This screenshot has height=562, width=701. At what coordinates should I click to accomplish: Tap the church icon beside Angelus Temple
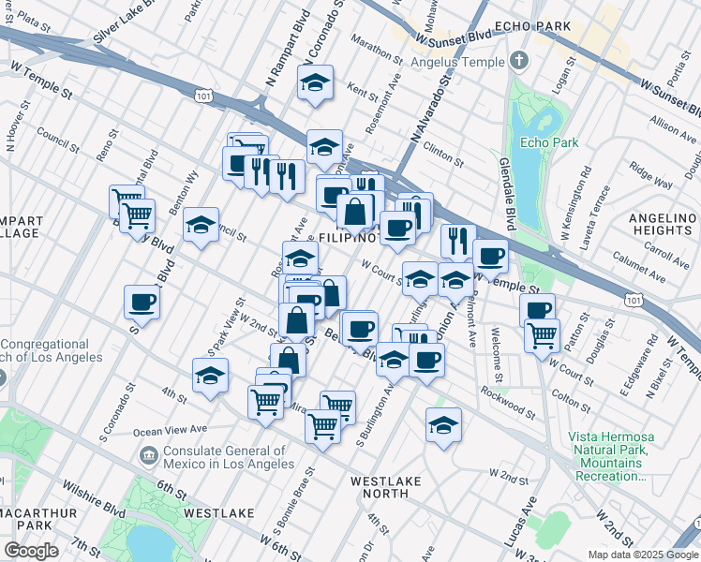(520, 62)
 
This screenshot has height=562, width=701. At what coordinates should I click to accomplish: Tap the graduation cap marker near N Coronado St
(316, 82)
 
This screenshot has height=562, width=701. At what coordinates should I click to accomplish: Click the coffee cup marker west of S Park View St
(142, 302)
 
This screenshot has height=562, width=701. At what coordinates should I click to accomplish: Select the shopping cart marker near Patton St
(542, 333)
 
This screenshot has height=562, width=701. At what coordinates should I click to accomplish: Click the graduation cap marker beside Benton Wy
(201, 225)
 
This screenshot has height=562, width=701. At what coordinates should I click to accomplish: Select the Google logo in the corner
(31, 551)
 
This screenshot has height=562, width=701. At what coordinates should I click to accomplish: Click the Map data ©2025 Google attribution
(643, 555)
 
